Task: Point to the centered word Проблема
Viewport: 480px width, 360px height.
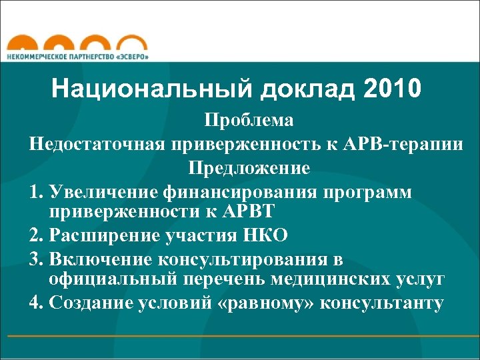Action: click(x=249, y=121)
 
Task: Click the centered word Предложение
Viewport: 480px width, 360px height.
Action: click(x=249, y=167)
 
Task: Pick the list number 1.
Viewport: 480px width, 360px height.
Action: click(x=36, y=192)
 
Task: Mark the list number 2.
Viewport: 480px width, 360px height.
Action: click(x=36, y=236)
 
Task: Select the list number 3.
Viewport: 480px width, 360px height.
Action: click(x=36, y=259)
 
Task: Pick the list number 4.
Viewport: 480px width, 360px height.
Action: click(x=36, y=303)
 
